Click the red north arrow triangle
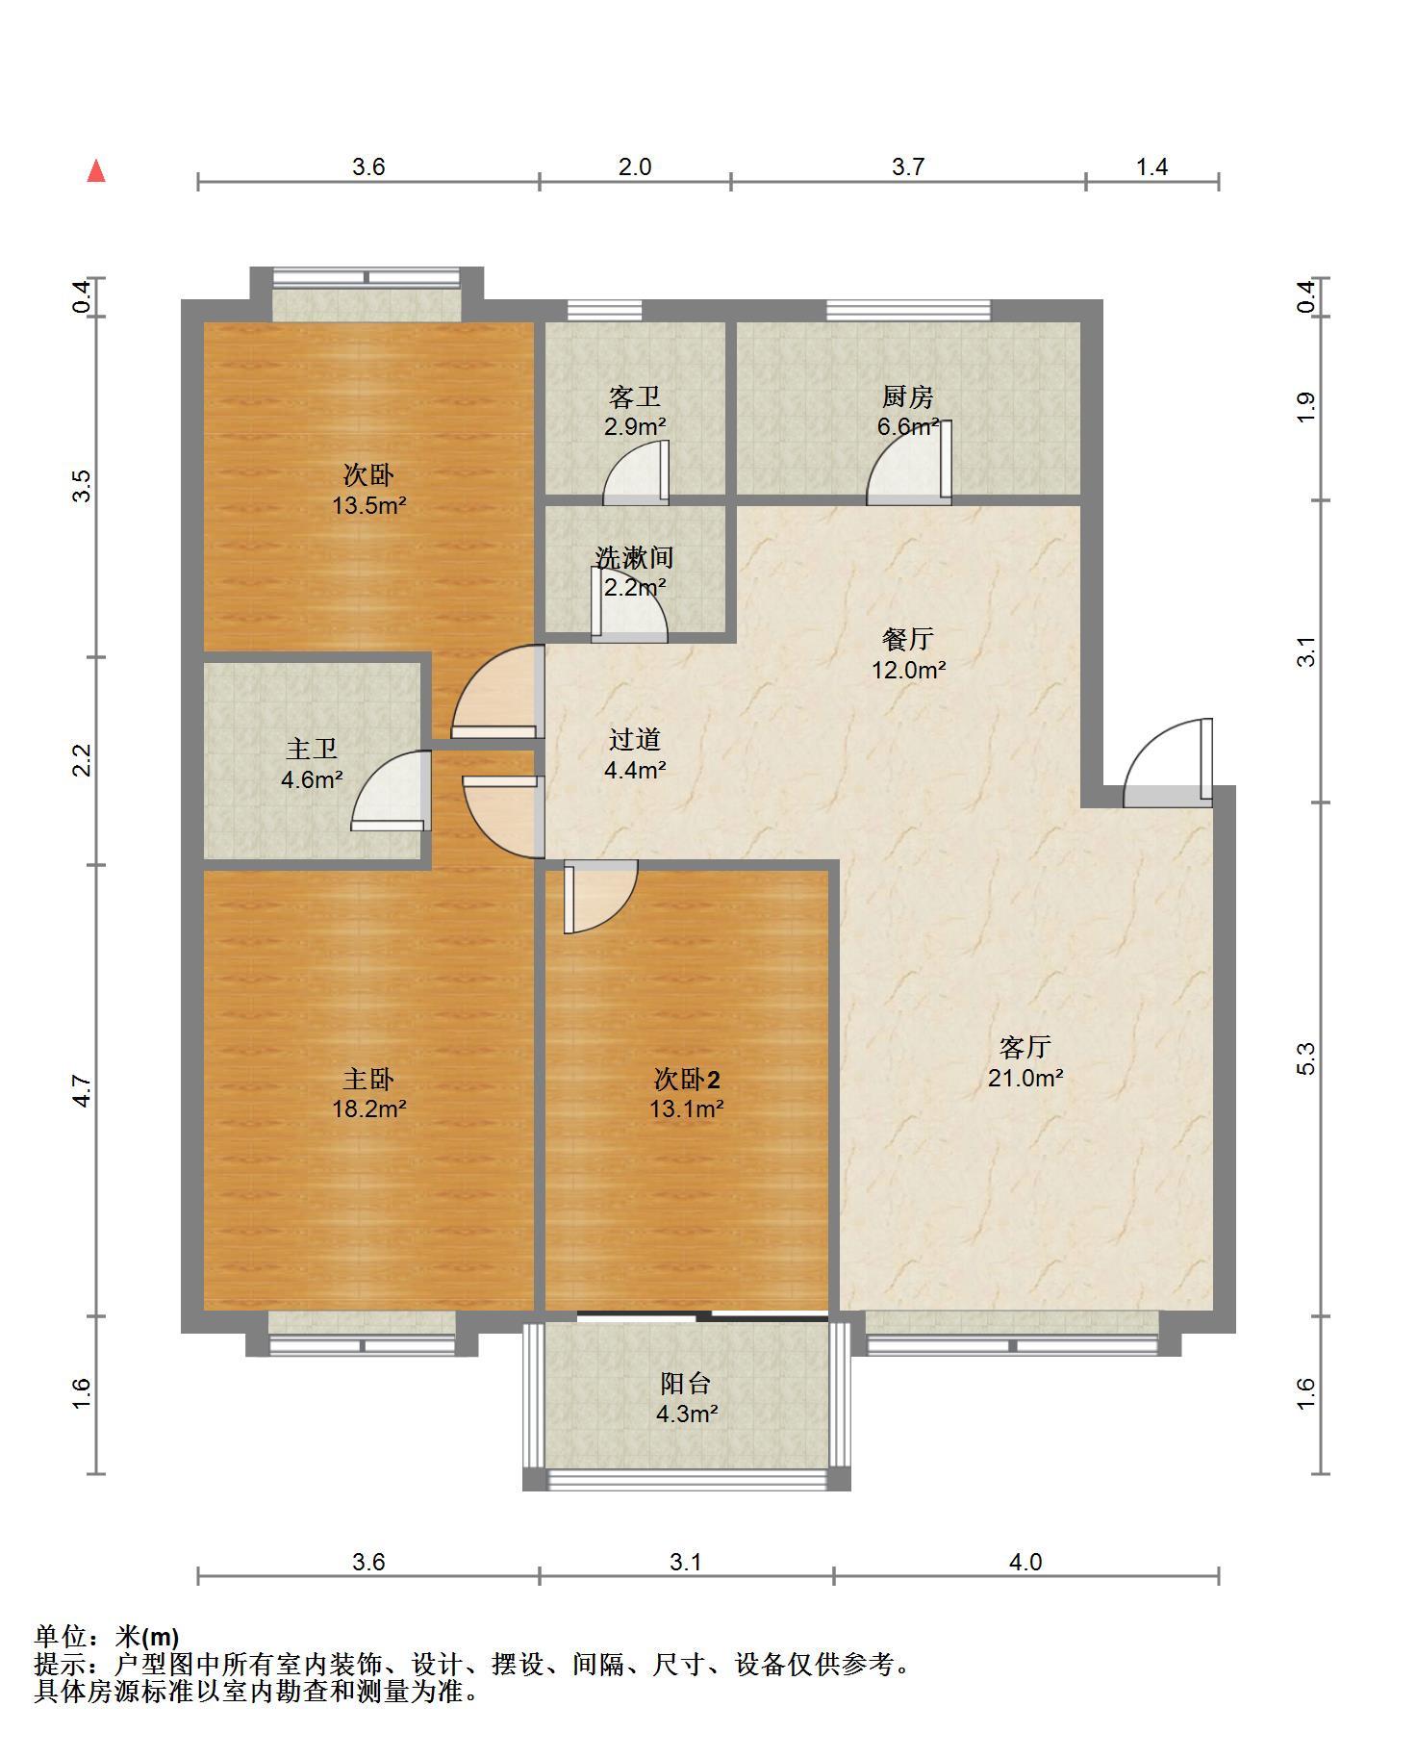(x=96, y=171)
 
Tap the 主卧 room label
(x=369, y=1079)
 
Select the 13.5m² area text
(x=369, y=505)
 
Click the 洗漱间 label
(x=634, y=557)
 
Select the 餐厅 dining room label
(x=908, y=639)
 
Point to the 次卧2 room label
(x=687, y=1079)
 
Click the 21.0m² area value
(x=1025, y=1078)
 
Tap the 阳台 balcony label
(x=686, y=1384)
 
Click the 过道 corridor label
(x=635, y=740)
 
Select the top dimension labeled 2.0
(x=635, y=167)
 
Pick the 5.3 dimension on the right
(x=1305, y=1058)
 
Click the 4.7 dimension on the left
(x=83, y=1090)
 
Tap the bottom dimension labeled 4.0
(x=1025, y=1562)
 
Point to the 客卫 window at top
(x=604, y=310)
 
